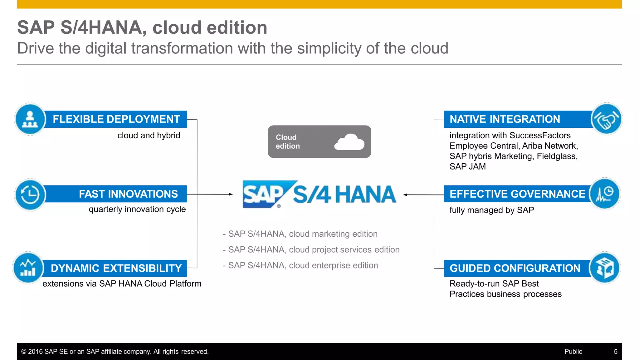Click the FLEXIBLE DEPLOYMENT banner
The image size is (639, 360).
pos(116,119)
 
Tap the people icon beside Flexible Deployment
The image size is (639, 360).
pos(30,119)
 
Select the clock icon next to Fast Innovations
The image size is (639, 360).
pos(30,195)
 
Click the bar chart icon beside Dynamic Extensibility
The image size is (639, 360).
pos(28,268)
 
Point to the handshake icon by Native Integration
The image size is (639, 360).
pos(606,119)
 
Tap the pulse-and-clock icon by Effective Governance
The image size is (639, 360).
pos(604,194)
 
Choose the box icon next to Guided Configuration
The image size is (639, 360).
pos(604,268)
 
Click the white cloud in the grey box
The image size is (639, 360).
pos(349,142)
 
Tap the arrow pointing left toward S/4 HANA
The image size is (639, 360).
pos(406,195)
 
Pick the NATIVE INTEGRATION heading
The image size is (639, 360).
pos(505,119)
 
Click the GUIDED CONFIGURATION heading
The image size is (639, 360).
pos(515,268)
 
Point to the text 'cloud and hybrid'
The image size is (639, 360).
pos(149,136)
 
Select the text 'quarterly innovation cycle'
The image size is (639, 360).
pos(137,209)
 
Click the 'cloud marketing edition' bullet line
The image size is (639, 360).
pos(300,234)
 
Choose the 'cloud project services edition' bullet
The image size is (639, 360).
pos(311,249)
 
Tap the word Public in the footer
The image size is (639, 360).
pos(573,352)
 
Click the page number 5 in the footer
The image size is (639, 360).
pos(616,352)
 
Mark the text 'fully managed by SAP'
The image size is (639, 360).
pos(491,210)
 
